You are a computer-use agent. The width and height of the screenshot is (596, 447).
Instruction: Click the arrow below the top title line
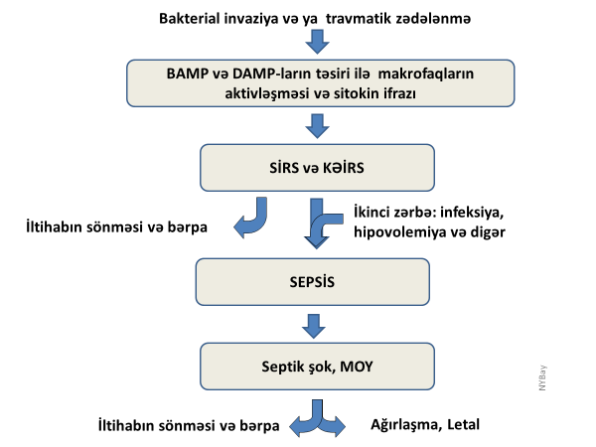pos(318,41)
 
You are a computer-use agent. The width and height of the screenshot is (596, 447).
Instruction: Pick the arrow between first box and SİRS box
pos(318,125)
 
